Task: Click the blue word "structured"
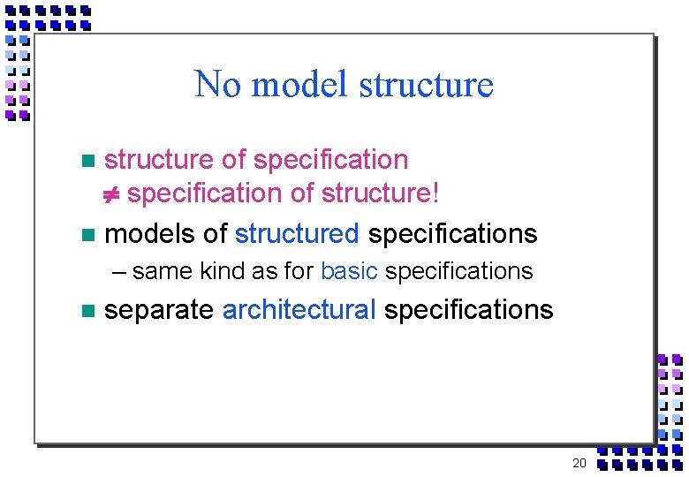click(x=297, y=234)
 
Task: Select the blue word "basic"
click(x=349, y=271)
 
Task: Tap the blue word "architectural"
click(x=299, y=310)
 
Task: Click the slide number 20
click(x=579, y=464)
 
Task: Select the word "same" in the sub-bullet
click(x=163, y=271)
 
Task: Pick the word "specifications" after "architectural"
click(x=469, y=310)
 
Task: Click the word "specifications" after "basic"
click(x=458, y=271)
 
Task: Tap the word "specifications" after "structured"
click(x=452, y=234)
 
